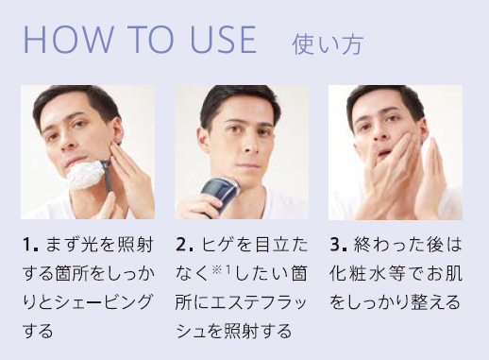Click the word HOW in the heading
click(68, 40)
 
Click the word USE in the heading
click(224, 40)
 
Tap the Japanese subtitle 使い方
click(328, 44)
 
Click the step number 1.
click(29, 245)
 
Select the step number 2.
click(184, 245)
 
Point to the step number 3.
click(338, 245)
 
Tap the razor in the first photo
click(107, 176)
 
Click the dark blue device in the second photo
click(219, 193)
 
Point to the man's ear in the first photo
click(117, 130)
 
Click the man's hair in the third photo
click(386, 96)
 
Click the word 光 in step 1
click(89, 245)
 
